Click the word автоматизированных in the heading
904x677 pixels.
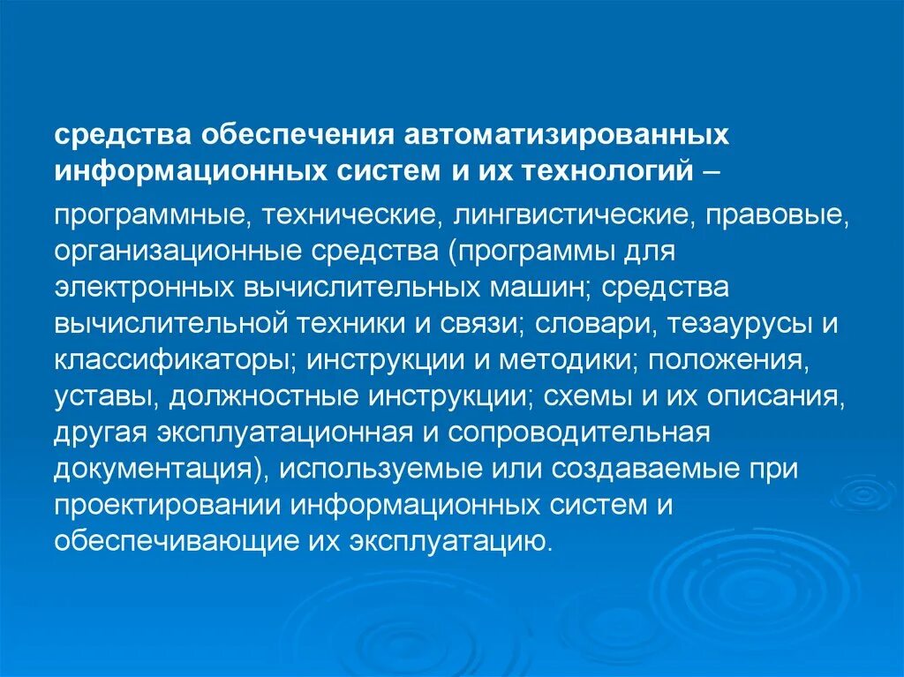[567, 135]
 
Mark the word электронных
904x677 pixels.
[142, 290]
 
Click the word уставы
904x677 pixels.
[105, 396]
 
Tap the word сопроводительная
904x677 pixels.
[580, 433]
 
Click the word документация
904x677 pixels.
[154, 469]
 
